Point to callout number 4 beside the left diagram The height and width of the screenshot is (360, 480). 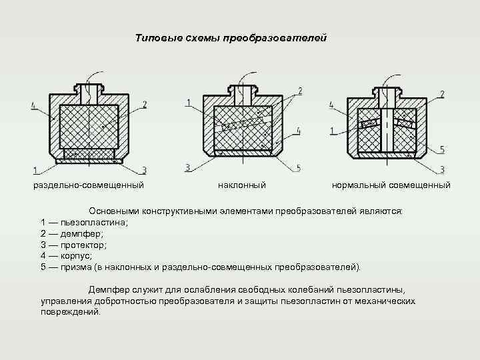[x=33, y=105]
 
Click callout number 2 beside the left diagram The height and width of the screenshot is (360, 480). [x=145, y=105]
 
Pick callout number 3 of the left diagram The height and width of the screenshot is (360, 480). [x=144, y=170]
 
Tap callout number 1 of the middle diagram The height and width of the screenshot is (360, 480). [x=189, y=102]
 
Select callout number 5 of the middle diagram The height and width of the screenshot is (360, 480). [x=298, y=167]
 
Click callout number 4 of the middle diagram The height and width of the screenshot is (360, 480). [x=298, y=131]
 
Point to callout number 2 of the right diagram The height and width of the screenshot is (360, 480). [x=441, y=94]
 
